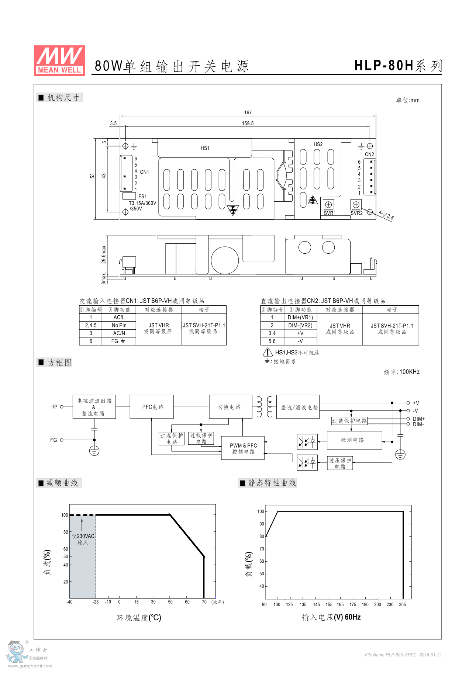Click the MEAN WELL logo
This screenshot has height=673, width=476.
click(59, 60)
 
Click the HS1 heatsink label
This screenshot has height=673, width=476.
click(205, 148)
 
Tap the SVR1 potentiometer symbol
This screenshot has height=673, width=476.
click(328, 205)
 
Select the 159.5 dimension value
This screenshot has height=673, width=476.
click(248, 124)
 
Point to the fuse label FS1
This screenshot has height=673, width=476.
click(142, 197)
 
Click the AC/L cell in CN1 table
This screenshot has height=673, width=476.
click(119, 318)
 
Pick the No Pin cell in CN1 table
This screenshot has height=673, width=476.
click(119, 326)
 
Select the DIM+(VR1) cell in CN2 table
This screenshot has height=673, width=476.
click(300, 318)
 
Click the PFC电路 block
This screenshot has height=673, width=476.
click(152, 407)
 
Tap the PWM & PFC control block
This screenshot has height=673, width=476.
click(243, 448)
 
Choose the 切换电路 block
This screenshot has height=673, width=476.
click(230, 407)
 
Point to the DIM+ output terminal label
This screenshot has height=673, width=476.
click(419, 419)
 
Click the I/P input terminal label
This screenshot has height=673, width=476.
click(54, 407)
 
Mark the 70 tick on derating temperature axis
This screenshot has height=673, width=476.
click(204, 602)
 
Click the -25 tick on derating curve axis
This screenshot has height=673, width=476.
click(96, 602)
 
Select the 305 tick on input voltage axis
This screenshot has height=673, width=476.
click(402, 605)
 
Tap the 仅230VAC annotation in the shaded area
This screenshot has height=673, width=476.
click(83, 537)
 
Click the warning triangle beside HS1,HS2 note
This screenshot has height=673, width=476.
click(268, 353)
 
